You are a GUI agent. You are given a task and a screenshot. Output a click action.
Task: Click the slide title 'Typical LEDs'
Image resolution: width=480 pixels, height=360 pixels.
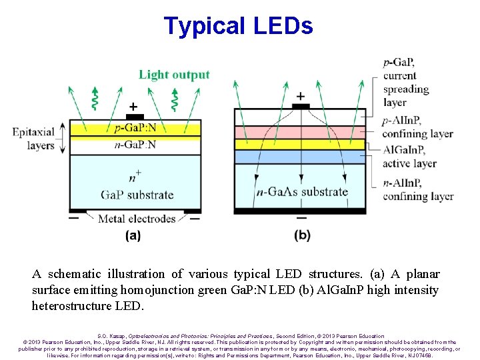click(x=238, y=26)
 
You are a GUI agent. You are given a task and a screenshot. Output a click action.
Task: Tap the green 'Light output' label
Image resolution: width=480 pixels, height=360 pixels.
click(x=174, y=75)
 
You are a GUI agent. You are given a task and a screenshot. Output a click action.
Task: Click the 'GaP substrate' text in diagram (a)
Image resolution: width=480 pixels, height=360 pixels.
click(x=137, y=195)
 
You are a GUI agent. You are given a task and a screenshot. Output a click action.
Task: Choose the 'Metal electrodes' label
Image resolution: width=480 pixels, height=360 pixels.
click(x=137, y=218)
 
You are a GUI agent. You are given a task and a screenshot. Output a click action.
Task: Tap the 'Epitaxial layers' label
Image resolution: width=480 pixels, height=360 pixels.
click(x=33, y=139)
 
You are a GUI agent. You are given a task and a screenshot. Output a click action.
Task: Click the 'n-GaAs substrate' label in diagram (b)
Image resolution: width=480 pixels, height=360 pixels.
click(x=302, y=192)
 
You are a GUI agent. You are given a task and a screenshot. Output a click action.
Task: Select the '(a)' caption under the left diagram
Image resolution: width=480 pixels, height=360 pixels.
click(x=133, y=235)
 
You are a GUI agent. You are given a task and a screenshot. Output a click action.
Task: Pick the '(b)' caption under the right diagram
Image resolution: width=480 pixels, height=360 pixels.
click(x=302, y=235)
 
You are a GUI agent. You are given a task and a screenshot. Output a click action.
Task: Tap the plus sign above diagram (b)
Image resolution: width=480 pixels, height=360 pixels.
click(x=301, y=96)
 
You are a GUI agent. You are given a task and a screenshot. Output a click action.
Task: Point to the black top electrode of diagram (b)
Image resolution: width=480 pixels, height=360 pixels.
click(x=301, y=106)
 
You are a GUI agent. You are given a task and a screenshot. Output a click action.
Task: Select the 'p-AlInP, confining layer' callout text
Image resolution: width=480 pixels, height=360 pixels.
click(x=417, y=127)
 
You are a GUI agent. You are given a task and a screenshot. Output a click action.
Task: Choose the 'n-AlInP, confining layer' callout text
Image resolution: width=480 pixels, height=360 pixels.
click(x=417, y=189)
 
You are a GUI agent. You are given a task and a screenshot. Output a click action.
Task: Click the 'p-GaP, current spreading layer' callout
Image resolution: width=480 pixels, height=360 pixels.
click(x=406, y=83)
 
